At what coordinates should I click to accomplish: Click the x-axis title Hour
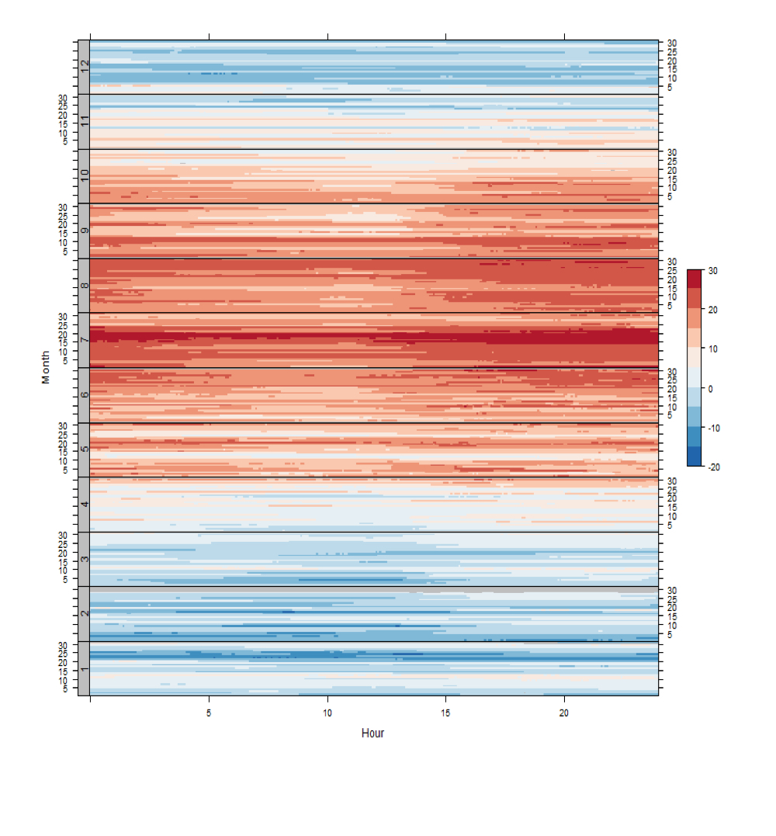tap(372, 733)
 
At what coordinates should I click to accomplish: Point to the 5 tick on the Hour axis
tap(209, 712)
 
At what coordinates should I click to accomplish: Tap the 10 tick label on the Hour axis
tap(327, 712)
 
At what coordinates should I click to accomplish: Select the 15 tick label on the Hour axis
tap(445, 712)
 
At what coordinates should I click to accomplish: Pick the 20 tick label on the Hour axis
tap(564, 712)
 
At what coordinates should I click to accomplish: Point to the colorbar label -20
tap(714, 467)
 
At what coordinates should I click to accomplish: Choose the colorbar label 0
tap(710, 388)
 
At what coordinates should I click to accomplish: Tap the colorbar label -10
tap(714, 428)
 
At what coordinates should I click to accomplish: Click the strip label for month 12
tap(84, 68)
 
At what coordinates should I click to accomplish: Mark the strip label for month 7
tap(84, 340)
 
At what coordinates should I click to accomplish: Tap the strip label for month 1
tap(84, 668)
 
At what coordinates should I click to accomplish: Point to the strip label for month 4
tap(84, 505)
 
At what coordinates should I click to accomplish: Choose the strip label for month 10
tap(84, 176)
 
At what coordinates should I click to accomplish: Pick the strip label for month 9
tap(84, 231)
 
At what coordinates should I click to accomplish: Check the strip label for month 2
tap(84, 613)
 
